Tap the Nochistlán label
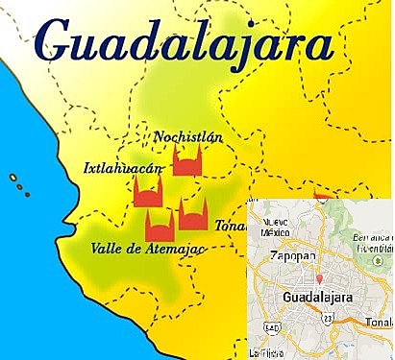[x=188, y=136]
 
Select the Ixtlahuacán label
[x=122, y=169]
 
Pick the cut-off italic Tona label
[x=231, y=227]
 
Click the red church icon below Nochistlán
[x=188, y=161]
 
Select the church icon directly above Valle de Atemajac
[x=159, y=226]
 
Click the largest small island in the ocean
[x=12, y=178]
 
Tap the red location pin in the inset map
[x=318, y=278]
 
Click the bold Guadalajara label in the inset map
[x=321, y=299]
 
